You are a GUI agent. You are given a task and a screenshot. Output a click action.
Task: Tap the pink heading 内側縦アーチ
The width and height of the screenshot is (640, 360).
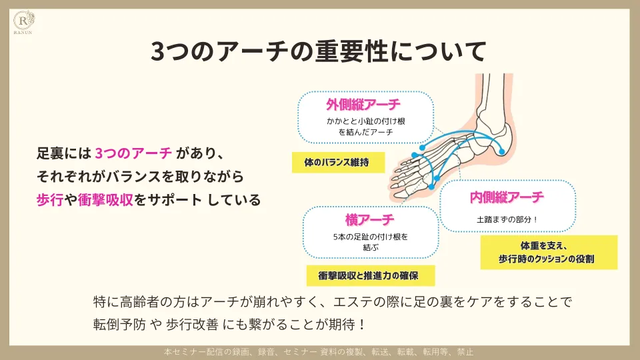tap(507, 197)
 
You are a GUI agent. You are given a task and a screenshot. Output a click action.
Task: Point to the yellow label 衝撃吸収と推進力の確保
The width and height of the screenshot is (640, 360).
tap(371, 275)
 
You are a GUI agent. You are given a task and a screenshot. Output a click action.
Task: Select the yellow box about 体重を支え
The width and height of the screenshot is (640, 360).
tap(548, 252)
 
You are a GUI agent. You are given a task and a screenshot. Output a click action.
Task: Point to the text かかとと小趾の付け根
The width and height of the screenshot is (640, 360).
tap(366, 121)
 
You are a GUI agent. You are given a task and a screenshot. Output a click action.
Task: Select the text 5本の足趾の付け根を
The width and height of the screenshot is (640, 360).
tap(370, 237)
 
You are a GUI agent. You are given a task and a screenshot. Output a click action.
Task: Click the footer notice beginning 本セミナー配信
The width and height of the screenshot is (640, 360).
tap(319, 352)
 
